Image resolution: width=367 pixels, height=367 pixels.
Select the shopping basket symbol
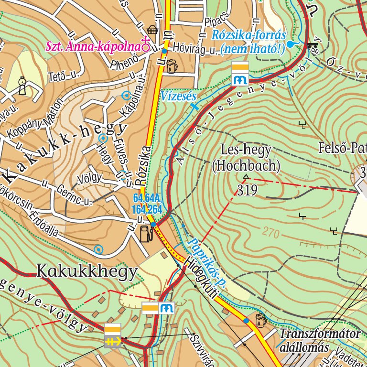tap(152, 30)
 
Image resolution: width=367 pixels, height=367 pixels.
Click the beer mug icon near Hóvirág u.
tap(171, 66)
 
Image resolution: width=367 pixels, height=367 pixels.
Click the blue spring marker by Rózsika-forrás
tap(290, 44)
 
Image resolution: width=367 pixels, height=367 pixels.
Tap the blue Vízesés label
tap(179, 96)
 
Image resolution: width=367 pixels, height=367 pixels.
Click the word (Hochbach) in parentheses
tap(246, 166)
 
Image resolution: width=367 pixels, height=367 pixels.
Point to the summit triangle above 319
tap(246, 178)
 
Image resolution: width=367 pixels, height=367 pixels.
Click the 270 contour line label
tap(271, 233)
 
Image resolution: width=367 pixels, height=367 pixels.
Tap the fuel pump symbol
tap(146, 233)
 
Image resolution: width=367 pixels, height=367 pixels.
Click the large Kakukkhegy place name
tap(87, 271)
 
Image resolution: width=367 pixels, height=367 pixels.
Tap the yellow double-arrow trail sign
tap(113, 341)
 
